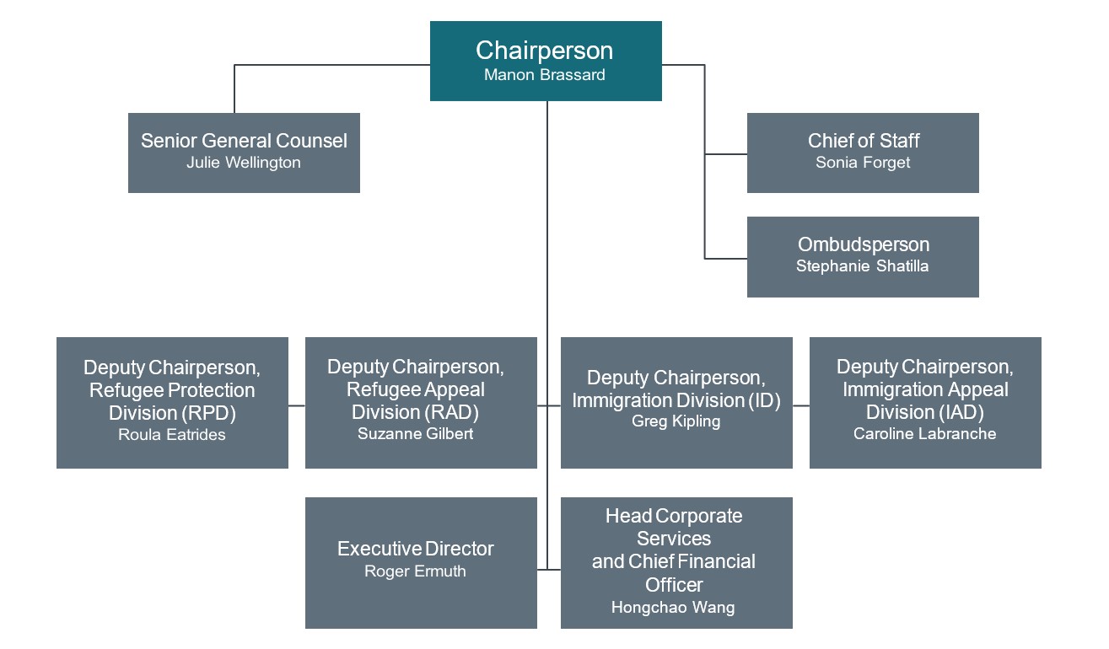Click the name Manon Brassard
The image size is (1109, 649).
coord(545,75)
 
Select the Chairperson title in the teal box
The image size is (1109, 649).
coord(545,51)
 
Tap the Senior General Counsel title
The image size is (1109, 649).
coord(244,141)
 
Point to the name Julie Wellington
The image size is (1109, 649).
coord(244,163)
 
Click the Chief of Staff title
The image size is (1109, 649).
coord(863,141)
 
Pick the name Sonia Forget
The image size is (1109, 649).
coord(863,163)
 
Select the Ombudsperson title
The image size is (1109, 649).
coord(863,244)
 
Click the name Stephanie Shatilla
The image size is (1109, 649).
coord(863,266)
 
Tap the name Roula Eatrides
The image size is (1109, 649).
coord(172,435)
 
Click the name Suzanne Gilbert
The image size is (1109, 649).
coord(415,434)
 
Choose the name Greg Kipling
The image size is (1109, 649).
coord(676,421)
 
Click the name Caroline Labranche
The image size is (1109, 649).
coord(924,434)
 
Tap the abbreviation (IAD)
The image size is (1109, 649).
coord(961,412)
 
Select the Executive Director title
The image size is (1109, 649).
coord(415,549)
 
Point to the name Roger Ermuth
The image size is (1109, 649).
coord(415,571)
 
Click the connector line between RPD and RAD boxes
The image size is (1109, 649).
coord(296,405)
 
